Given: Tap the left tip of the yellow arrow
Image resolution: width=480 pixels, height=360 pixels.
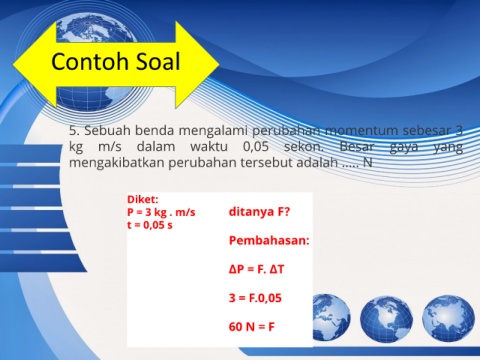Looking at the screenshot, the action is pos(13,64).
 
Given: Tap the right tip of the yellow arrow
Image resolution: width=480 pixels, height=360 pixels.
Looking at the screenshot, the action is pos(219,64).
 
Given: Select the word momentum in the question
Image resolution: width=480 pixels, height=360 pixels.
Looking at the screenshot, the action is pos(361,130).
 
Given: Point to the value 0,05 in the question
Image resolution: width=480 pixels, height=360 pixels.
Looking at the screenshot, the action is pos(256,146).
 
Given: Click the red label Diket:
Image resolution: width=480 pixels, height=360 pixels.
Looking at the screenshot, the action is pos(143,199).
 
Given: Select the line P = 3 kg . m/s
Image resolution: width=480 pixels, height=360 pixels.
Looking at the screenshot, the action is pos(161,212).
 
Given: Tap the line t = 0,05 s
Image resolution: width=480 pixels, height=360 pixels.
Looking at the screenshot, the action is pos(150,225).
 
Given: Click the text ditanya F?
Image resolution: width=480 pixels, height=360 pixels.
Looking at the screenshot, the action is pos(259,212).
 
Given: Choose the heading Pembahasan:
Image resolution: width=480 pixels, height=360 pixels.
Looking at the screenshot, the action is pos(269,240).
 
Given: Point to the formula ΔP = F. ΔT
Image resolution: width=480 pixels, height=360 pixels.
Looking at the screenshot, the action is pos(256,269).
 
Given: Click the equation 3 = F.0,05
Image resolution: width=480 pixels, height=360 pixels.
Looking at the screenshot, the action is pos(255,298).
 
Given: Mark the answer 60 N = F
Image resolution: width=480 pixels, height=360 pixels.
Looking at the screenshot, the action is pos(252,327).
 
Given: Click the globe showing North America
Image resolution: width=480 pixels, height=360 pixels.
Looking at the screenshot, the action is pos(386,320).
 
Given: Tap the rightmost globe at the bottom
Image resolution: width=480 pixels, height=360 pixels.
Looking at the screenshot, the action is pos(448,318).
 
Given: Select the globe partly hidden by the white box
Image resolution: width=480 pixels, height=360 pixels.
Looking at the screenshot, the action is pos(331,317).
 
